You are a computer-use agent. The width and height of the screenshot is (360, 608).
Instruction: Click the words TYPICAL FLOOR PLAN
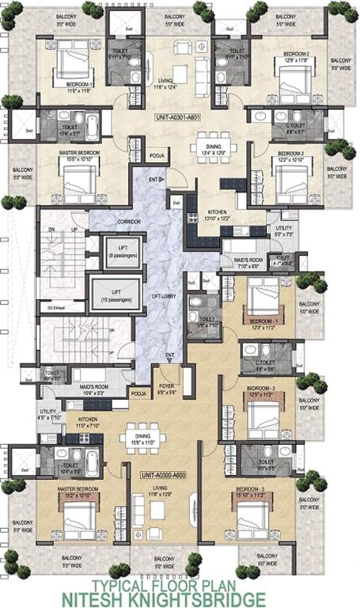tap(180, 585)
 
